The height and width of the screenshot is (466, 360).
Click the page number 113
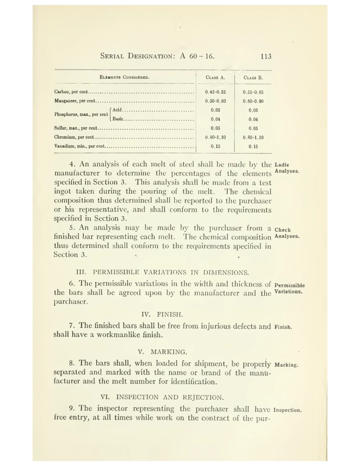point(266,56)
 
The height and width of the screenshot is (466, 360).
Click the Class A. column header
point(215,78)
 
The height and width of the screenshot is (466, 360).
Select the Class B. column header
point(253,78)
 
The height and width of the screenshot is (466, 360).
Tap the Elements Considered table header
point(124,77)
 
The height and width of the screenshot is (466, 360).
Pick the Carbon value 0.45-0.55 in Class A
point(215,92)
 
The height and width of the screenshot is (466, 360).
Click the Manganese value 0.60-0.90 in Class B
point(253,101)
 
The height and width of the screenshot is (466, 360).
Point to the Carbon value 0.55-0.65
point(253,92)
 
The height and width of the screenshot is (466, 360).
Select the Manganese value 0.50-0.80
point(215,101)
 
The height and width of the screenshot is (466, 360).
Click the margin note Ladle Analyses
point(286,168)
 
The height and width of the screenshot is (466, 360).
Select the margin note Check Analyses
point(287,233)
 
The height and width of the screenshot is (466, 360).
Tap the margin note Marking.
point(286,365)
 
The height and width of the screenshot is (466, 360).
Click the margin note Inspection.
point(287,410)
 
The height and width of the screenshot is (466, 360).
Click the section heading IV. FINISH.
point(162,314)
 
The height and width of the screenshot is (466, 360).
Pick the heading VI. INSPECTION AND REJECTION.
point(162,397)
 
